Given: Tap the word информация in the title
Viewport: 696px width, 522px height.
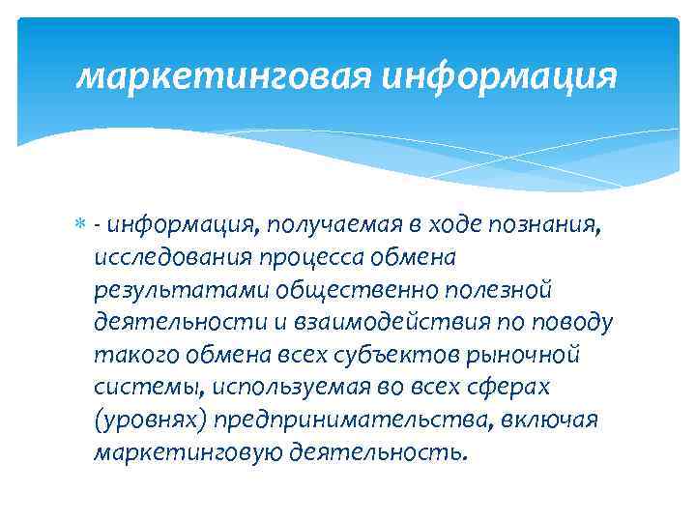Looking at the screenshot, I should pyautogui.click(x=499, y=75).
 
